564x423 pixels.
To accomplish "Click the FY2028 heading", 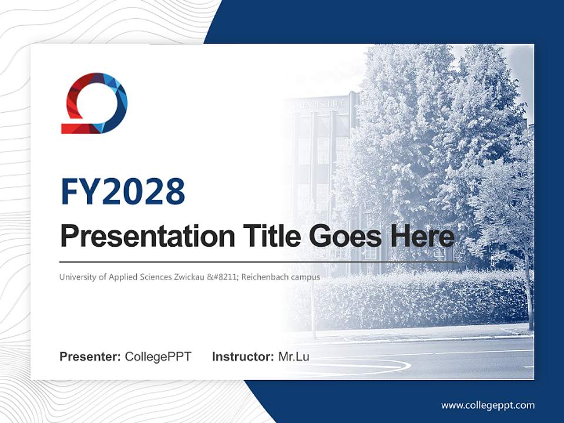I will [123, 192].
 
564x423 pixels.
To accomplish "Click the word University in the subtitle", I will [76, 277].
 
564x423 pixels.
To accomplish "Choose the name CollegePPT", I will [158, 357].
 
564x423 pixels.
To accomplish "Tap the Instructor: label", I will [243, 357].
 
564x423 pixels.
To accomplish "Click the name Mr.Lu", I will [294, 357].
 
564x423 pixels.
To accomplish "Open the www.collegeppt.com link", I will [488, 405].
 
